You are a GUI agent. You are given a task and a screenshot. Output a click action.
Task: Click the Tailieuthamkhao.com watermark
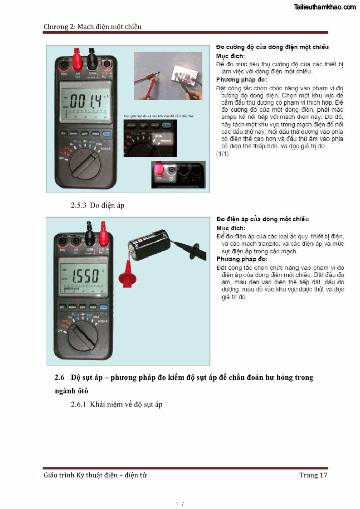tap(325, 7)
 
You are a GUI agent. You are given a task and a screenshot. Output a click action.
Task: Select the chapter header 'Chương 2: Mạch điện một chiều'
tap(92, 27)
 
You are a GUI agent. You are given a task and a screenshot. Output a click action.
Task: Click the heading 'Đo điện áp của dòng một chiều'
tap(263, 219)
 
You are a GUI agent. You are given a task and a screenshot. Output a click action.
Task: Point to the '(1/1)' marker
tap(223, 154)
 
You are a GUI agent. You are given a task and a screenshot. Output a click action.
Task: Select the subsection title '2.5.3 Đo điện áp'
tap(97, 206)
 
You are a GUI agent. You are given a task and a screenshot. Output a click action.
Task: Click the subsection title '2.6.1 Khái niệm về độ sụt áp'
tap(117, 404)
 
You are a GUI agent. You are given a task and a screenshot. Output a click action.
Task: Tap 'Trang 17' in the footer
tap(313, 475)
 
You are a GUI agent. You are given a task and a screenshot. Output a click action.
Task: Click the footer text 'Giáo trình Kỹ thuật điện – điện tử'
tap(95, 475)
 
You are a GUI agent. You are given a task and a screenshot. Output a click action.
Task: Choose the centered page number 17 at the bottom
tap(180, 504)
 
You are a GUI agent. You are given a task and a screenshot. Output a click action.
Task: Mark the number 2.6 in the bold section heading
tap(60, 378)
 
